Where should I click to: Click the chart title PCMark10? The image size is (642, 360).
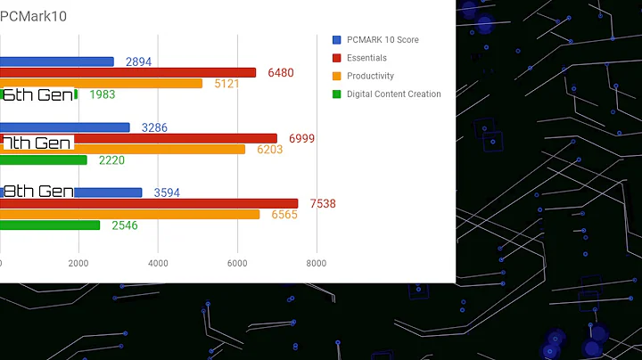(x=34, y=16)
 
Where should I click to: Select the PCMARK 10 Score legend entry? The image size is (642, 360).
(x=382, y=40)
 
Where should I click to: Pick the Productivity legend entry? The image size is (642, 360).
(x=369, y=76)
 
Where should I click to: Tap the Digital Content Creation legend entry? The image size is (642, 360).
(x=392, y=94)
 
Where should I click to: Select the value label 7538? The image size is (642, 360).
(x=323, y=204)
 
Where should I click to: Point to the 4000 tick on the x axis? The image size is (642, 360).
(x=158, y=264)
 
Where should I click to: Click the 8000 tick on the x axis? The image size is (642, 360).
(x=316, y=264)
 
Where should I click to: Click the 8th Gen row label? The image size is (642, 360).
(x=37, y=192)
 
